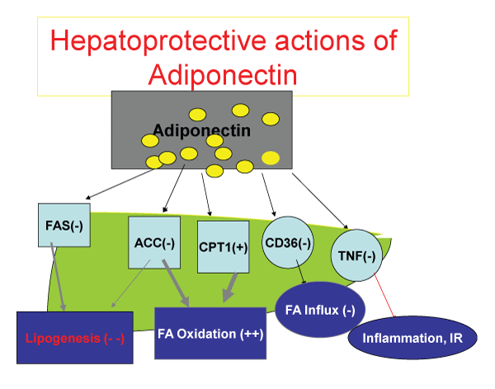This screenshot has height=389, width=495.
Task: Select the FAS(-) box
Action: (x=61, y=223)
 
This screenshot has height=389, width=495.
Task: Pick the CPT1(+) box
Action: (x=224, y=246)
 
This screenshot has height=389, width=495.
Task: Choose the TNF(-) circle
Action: (x=356, y=255)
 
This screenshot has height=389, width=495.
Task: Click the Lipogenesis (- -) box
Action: (x=74, y=339)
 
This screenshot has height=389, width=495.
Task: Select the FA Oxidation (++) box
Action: (x=210, y=333)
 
